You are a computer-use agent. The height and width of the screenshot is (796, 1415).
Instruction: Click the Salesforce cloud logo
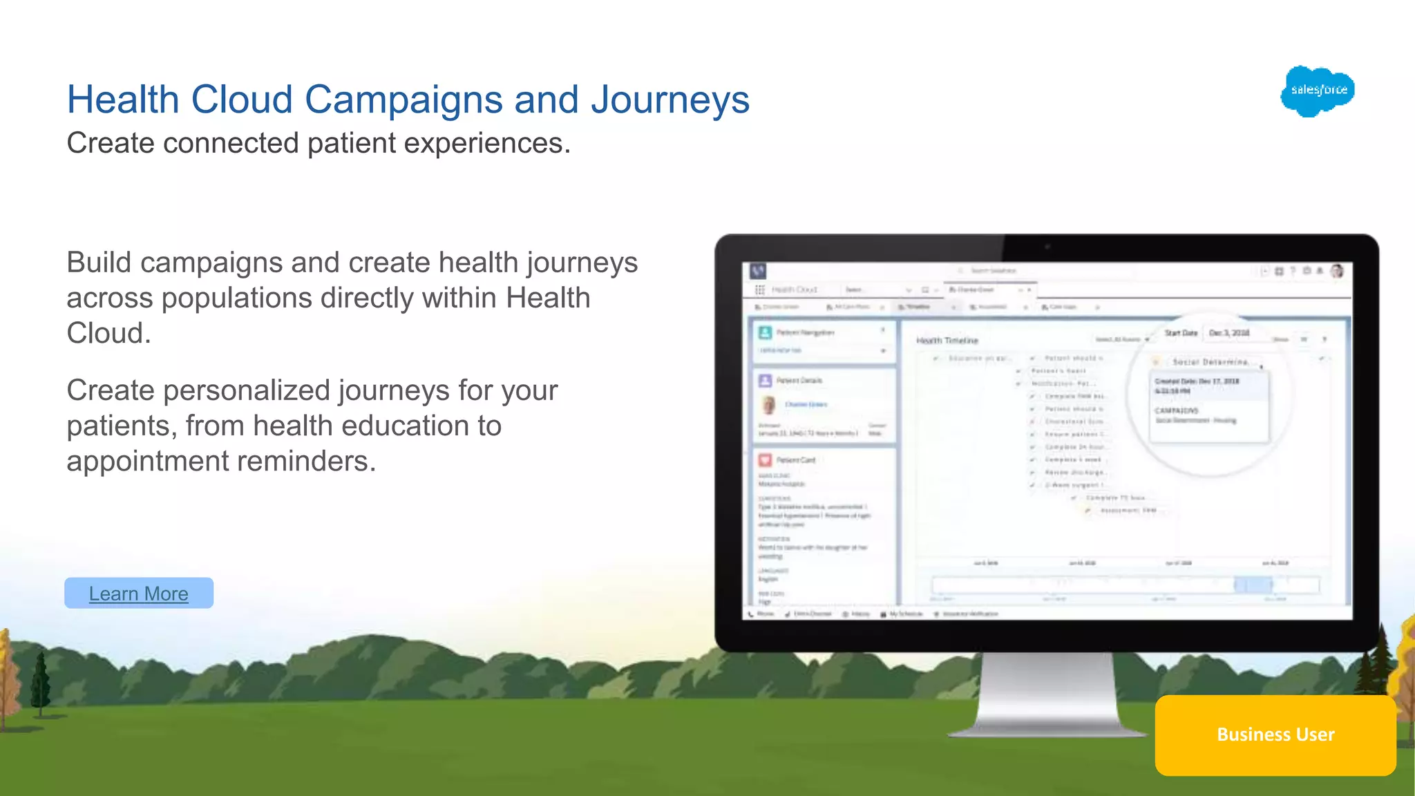(x=1317, y=91)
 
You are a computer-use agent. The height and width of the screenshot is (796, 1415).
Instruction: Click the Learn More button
(x=139, y=593)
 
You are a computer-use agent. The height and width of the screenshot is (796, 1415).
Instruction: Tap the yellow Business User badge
(x=1275, y=735)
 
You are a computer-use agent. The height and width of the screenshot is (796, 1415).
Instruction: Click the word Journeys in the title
(x=669, y=99)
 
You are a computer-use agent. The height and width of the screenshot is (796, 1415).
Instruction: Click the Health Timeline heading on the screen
(x=947, y=341)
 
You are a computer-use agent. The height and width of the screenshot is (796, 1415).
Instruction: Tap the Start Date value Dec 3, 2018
(x=1228, y=333)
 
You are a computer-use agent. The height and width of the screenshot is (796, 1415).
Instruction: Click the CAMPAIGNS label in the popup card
(x=1177, y=410)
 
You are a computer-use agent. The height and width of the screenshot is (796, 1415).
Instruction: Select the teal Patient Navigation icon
(x=765, y=332)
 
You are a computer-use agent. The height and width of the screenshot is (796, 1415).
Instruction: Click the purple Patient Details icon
(x=765, y=381)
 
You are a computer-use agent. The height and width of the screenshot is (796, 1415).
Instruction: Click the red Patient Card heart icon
(x=765, y=460)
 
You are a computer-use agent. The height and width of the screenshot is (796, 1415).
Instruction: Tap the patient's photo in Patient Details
(x=768, y=405)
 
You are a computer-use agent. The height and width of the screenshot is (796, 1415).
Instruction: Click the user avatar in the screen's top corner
(x=1337, y=271)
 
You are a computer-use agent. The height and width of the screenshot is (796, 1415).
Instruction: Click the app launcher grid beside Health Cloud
(x=760, y=290)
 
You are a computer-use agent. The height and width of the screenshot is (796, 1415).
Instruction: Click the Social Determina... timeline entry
(x=1210, y=362)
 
